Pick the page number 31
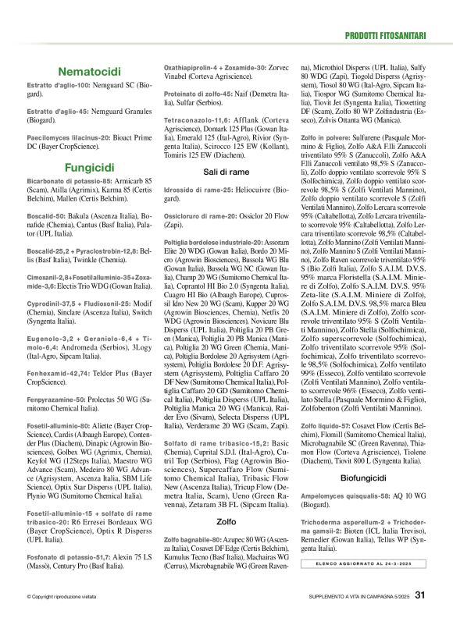click(x=420, y=595)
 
